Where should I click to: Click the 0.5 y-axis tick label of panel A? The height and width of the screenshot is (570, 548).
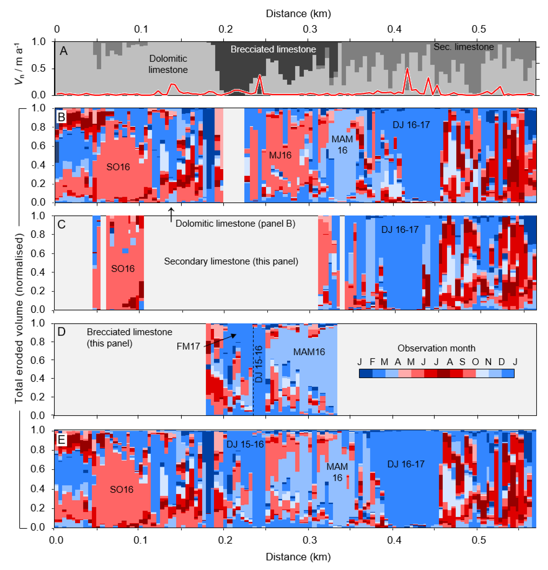coord(38,68)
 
